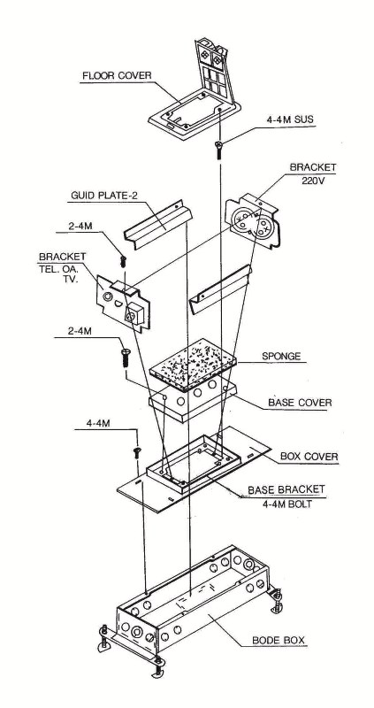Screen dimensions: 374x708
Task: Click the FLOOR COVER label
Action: click(x=117, y=75)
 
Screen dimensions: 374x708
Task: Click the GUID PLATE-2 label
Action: click(x=104, y=196)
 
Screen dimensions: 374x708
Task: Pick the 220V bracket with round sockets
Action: click(x=253, y=220)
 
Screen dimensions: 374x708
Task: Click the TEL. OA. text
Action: click(x=61, y=268)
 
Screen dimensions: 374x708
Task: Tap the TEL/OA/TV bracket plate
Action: click(x=123, y=304)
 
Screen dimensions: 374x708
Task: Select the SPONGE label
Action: click(x=281, y=357)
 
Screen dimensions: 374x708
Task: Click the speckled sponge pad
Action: click(x=193, y=365)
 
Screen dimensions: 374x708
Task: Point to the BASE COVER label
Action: click(x=300, y=402)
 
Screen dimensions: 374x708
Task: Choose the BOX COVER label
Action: click(x=309, y=457)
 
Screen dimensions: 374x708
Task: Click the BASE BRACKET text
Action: click(x=286, y=490)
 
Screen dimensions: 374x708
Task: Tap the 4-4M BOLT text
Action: click(x=286, y=504)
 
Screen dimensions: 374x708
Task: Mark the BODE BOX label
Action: click(x=279, y=640)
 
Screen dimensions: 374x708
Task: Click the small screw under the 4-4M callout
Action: click(x=136, y=453)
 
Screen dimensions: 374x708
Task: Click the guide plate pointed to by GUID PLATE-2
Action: click(x=157, y=223)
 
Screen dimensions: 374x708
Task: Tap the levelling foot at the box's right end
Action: click(x=275, y=600)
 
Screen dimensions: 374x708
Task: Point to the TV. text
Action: click(x=71, y=280)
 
